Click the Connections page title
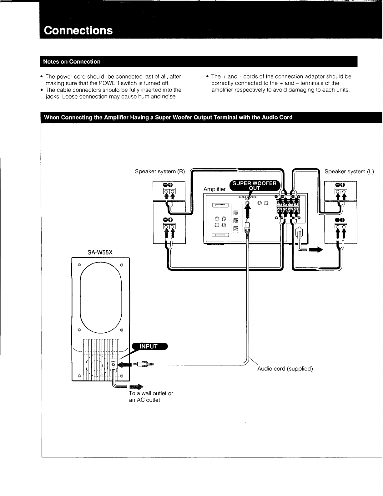78,30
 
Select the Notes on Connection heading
72,62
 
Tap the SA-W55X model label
100,252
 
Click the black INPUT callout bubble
150,346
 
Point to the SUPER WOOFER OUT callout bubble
254,186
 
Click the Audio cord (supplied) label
285,369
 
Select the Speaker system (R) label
160,171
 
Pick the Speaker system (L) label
349,171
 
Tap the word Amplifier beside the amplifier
214,189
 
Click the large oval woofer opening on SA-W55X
101,297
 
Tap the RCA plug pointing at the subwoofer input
144,364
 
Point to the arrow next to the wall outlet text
136,387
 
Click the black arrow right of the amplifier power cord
316,250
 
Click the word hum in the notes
144,97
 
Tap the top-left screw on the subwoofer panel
79,265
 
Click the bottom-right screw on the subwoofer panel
122,376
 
